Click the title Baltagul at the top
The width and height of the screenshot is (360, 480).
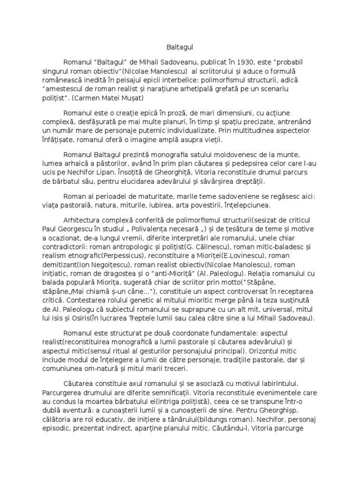point(180,47)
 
